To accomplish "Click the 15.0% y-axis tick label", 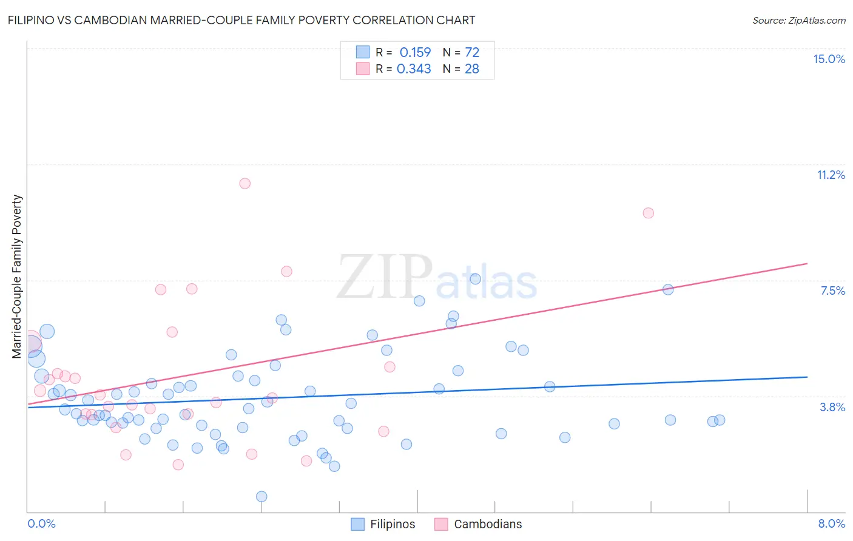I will [829, 59].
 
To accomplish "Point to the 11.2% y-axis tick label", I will [831, 175].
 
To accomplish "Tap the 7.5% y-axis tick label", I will [832, 291].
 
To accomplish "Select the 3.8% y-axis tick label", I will [832, 407].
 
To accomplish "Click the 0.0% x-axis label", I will [41, 523].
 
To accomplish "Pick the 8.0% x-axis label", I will [831, 523].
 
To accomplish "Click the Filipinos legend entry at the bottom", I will [383, 524].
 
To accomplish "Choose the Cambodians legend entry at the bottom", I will [479, 524].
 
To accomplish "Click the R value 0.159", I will [415, 52].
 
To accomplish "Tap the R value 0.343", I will [414, 69].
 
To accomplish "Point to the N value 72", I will [472, 52].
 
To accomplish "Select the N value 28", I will [472, 69].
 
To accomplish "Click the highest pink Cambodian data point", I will [245, 183].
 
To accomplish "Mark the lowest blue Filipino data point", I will [261, 497].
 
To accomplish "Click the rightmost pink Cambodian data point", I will [648, 213].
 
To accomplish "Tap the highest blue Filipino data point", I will [476, 279].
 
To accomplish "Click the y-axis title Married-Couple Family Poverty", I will [17, 277].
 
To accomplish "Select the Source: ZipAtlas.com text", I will [798, 21].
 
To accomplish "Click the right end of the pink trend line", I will [807, 264].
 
